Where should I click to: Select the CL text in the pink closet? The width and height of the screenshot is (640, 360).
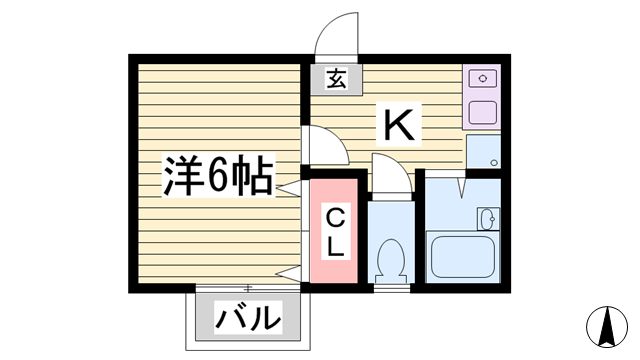pos(336,230)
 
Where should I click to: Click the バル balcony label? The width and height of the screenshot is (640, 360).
pos(249,319)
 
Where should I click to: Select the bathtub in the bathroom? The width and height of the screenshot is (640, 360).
pos(460,257)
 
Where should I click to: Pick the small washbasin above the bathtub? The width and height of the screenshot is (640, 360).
pos(487,219)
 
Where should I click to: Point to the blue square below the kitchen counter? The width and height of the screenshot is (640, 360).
pos(483,153)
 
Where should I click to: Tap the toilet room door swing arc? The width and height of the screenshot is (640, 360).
pos(390,172)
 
